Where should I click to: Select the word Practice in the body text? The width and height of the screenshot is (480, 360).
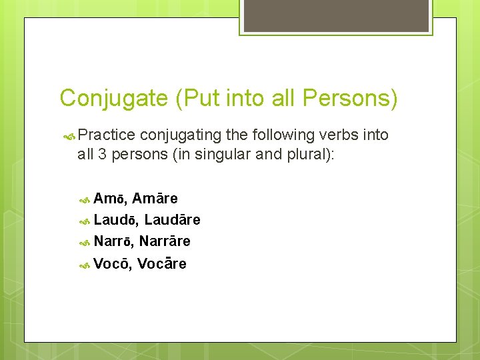point(107,135)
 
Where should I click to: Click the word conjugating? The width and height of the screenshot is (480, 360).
point(181,135)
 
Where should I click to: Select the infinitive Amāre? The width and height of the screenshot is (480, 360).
point(155,199)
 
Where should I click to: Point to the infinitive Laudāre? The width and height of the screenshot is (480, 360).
point(172,220)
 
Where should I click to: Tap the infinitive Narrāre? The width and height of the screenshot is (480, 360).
point(165,241)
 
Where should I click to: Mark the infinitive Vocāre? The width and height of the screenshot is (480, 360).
point(162,264)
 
